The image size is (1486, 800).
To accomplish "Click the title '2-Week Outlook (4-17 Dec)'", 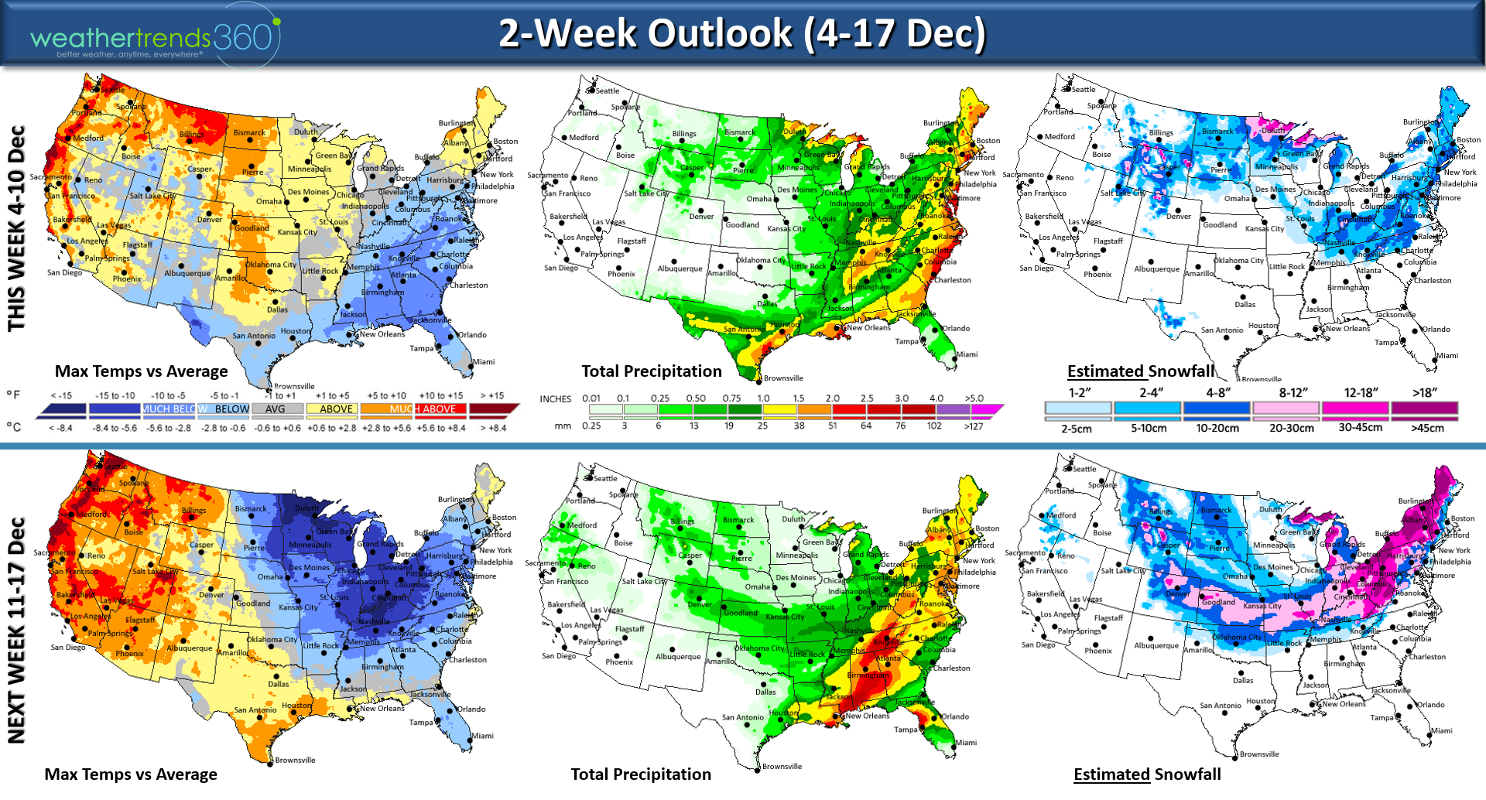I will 741,33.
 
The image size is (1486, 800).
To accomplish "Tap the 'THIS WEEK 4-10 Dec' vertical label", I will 17,228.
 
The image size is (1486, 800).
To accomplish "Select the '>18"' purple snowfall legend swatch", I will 1424,408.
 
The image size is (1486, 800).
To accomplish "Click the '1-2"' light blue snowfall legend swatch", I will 1077,408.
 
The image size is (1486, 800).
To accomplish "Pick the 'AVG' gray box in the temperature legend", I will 276,409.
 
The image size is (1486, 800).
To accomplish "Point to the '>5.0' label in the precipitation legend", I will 974,398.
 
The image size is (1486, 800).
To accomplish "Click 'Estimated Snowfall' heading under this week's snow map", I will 1141,371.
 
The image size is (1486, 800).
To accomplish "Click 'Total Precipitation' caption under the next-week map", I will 640,774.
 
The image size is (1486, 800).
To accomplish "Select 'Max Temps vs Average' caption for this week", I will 141,371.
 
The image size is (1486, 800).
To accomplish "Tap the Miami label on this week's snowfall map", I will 1447,356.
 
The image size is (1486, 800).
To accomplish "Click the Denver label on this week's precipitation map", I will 701,217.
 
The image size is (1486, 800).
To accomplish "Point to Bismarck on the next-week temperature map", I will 251,509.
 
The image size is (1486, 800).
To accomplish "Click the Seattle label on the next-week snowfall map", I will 1084,469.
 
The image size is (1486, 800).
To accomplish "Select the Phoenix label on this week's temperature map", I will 127,279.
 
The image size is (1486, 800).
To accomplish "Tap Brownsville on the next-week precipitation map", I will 782,767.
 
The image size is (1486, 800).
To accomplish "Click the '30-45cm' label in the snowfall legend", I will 1360,427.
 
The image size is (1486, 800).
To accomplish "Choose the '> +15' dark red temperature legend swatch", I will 494,409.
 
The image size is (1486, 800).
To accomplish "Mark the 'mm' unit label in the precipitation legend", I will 563,426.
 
